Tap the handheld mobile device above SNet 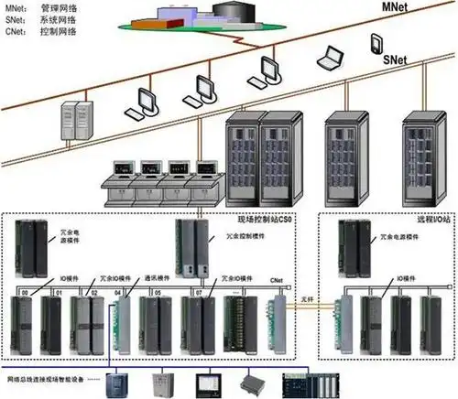[x=376, y=44]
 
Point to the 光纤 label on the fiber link [x=309, y=292]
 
